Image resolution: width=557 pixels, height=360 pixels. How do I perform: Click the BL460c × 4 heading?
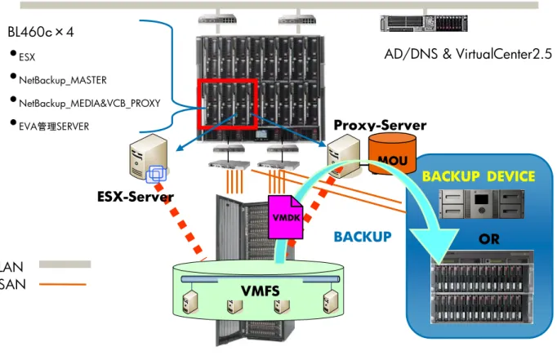41,33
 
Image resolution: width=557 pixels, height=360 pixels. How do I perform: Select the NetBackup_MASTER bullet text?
63,80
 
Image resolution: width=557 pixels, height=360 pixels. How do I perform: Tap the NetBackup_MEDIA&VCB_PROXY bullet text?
90,104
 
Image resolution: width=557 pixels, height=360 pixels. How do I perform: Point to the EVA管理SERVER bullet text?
54,127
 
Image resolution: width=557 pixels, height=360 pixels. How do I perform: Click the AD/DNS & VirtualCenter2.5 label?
468,54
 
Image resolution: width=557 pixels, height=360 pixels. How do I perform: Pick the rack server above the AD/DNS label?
424,24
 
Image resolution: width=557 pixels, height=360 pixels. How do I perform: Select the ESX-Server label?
136,197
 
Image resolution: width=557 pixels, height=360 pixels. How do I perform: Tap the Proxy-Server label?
380,125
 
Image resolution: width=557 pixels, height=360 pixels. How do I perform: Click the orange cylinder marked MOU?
392,153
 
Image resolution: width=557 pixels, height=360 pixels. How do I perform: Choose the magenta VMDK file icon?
286,216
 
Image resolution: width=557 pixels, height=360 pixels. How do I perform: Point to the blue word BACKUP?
363,237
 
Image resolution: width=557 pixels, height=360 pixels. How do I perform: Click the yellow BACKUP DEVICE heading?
479,176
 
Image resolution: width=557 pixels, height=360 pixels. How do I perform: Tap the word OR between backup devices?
488,239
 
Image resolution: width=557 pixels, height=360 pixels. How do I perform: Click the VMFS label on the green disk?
260,291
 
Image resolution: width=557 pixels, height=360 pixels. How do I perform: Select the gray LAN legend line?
65,264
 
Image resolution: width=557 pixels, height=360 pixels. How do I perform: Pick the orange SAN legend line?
63,284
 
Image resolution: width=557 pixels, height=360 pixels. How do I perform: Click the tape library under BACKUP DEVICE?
481,204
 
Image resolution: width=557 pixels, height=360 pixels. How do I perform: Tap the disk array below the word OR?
483,287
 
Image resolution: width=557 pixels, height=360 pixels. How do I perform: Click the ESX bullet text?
27,57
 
